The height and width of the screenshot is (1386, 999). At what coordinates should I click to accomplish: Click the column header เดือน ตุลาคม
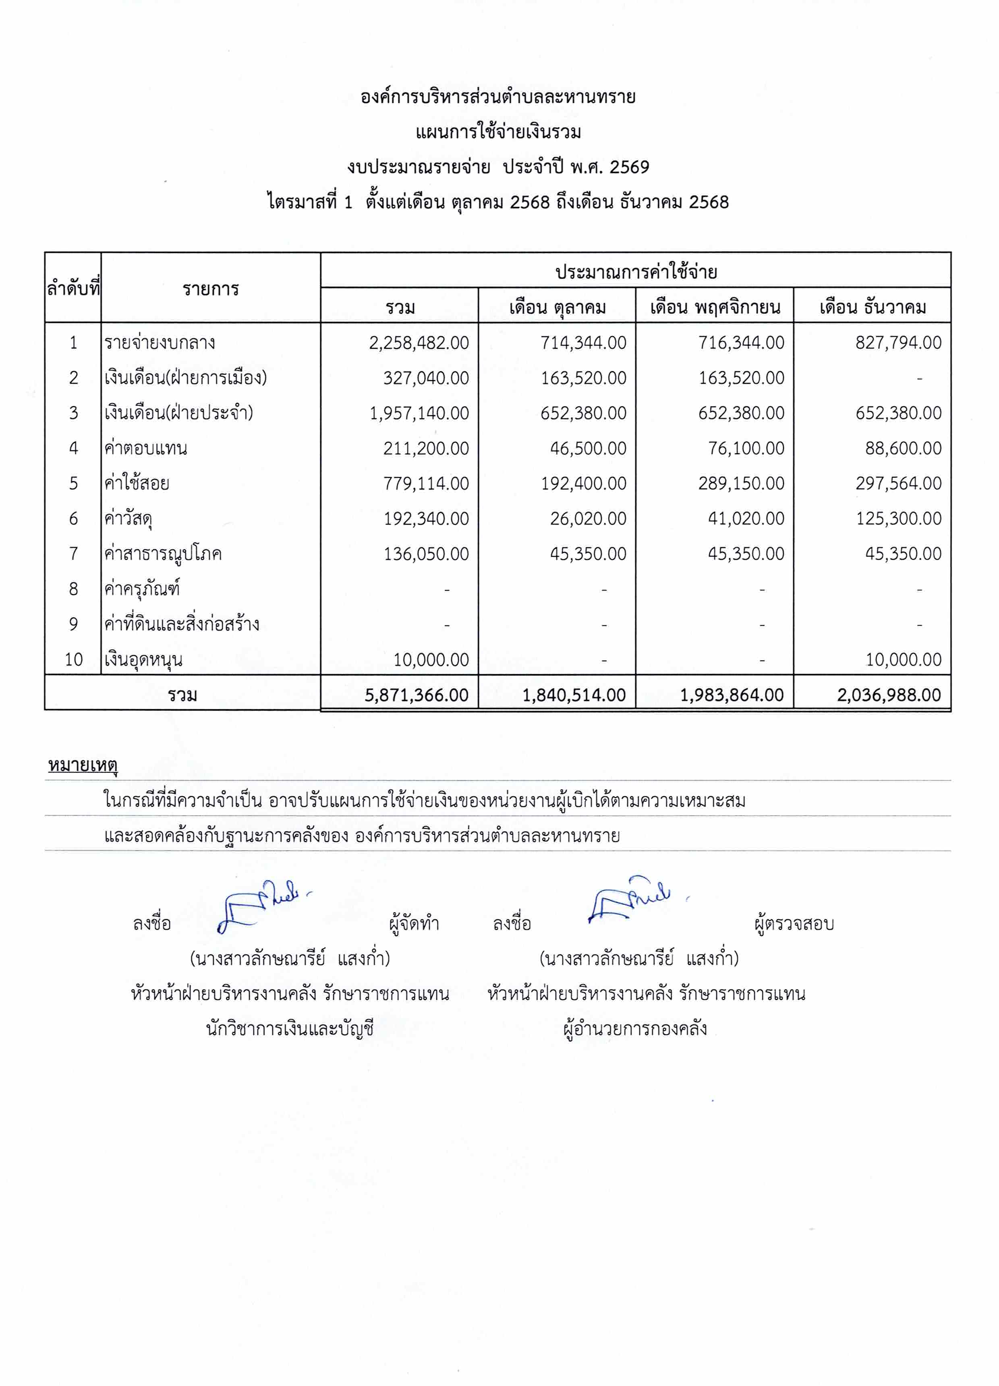click(x=557, y=307)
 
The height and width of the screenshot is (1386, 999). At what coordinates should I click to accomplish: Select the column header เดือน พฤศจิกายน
click(x=715, y=307)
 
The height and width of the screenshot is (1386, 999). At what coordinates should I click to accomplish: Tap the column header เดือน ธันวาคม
click(x=873, y=307)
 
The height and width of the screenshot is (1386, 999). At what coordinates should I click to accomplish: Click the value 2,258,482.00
click(x=419, y=343)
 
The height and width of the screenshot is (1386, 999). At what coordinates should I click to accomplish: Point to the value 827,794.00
click(x=898, y=343)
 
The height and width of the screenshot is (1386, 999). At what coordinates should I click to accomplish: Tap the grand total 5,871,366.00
click(x=417, y=695)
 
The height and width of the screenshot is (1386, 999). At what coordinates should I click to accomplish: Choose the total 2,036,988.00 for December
click(x=889, y=695)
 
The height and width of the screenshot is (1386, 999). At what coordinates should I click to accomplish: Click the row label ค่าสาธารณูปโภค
click(x=163, y=554)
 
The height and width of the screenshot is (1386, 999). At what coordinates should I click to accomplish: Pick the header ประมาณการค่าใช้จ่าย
click(x=636, y=272)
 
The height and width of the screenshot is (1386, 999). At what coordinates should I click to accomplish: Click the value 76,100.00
click(x=746, y=449)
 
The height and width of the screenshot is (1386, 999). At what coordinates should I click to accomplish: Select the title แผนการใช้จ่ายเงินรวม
click(x=498, y=132)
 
